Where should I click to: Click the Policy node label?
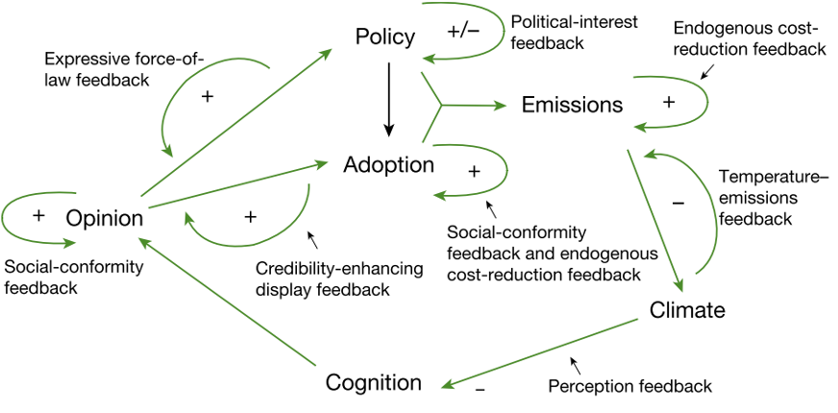pos(384,37)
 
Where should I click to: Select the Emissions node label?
pos(572,105)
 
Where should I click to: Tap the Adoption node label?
pos(389,164)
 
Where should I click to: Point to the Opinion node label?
pos(105,218)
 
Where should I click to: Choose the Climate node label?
pos(686,310)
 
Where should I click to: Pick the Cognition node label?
pos(374,382)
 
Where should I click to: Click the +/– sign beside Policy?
pos(464,31)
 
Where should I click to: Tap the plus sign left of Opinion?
pos(37,214)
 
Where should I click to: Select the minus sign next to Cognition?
pos(480,391)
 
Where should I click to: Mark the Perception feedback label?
pos(629,386)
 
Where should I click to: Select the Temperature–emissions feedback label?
pos(759,197)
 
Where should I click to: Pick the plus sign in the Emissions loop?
pos(669,102)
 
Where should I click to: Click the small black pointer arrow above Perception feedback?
pos(576,366)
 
